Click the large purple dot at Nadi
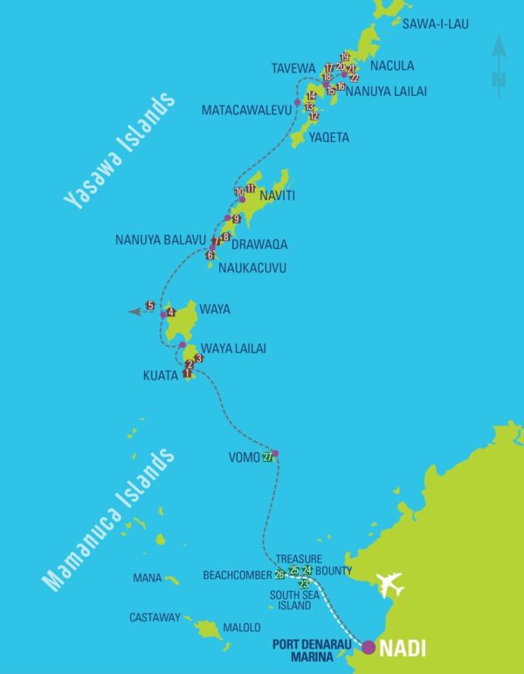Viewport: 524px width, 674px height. click(369, 647)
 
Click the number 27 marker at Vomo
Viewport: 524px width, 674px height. click(267, 459)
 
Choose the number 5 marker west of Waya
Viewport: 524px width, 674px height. click(150, 306)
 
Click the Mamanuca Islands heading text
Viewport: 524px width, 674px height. click(109, 521)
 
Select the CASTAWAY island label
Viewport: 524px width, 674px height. click(155, 617)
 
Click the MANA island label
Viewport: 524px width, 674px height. click(148, 578)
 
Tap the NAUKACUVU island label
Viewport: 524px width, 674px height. click(252, 267)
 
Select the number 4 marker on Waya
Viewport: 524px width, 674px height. click(170, 313)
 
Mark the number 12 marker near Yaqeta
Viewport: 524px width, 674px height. click(314, 116)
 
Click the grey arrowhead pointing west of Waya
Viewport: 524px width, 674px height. click(133, 311)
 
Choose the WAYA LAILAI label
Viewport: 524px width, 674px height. click(233, 348)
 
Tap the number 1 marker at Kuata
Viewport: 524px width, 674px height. click(187, 373)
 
